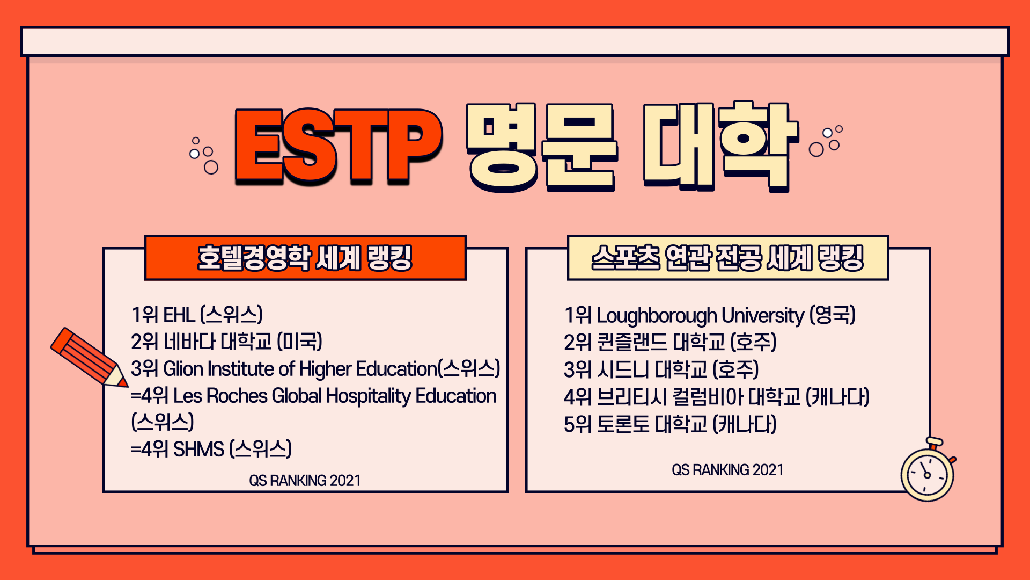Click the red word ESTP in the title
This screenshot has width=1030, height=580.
click(339, 147)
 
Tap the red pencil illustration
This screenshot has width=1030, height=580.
click(89, 358)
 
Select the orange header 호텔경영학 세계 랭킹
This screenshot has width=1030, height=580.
click(305, 258)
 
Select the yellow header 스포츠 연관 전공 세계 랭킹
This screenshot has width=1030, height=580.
click(728, 258)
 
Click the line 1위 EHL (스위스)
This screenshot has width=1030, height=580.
click(197, 315)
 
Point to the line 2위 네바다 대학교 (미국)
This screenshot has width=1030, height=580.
click(226, 342)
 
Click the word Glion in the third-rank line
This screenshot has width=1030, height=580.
click(183, 369)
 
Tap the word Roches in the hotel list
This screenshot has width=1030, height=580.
click(237, 396)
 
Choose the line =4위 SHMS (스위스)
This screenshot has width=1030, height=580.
click(211, 449)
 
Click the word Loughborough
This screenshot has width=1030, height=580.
click(657, 316)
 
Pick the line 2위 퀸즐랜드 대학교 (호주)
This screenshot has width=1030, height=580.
click(670, 342)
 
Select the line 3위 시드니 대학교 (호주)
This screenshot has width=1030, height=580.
click(661, 369)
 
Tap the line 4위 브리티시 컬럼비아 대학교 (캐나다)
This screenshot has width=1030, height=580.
click(717, 397)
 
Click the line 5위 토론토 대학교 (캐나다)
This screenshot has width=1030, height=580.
click(670, 424)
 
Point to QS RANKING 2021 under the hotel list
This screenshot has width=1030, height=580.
click(305, 481)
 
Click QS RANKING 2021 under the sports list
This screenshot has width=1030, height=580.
click(727, 470)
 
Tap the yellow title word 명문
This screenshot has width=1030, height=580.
click(542, 148)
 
